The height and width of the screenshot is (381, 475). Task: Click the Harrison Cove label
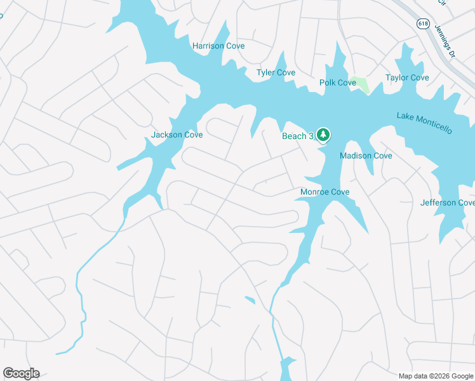click(218, 46)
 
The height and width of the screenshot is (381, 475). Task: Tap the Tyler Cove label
click(276, 73)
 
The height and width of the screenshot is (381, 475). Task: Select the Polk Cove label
click(337, 83)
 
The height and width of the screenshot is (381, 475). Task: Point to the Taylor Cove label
click(407, 78)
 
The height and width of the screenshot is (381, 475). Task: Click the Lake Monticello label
click(424, 123)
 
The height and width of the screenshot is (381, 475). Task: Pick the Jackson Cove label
click(177, 135)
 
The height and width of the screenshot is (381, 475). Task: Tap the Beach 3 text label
click(298, 137)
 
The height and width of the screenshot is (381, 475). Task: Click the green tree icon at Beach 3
click(323, 135)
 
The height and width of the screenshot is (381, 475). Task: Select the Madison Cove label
click(366, 156)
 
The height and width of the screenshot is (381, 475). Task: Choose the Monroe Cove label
click(324, 192)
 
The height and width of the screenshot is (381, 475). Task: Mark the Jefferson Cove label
click(447, 203)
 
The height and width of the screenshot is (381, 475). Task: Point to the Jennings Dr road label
click(445, 41)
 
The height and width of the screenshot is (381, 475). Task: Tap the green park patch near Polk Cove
click(361, 84)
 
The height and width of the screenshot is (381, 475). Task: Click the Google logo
click(21, 373)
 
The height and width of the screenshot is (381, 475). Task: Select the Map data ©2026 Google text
click(435, 376)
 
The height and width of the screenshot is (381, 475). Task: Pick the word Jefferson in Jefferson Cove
click(438, 203)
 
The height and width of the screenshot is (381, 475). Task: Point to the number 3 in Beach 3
click(312, 137)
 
